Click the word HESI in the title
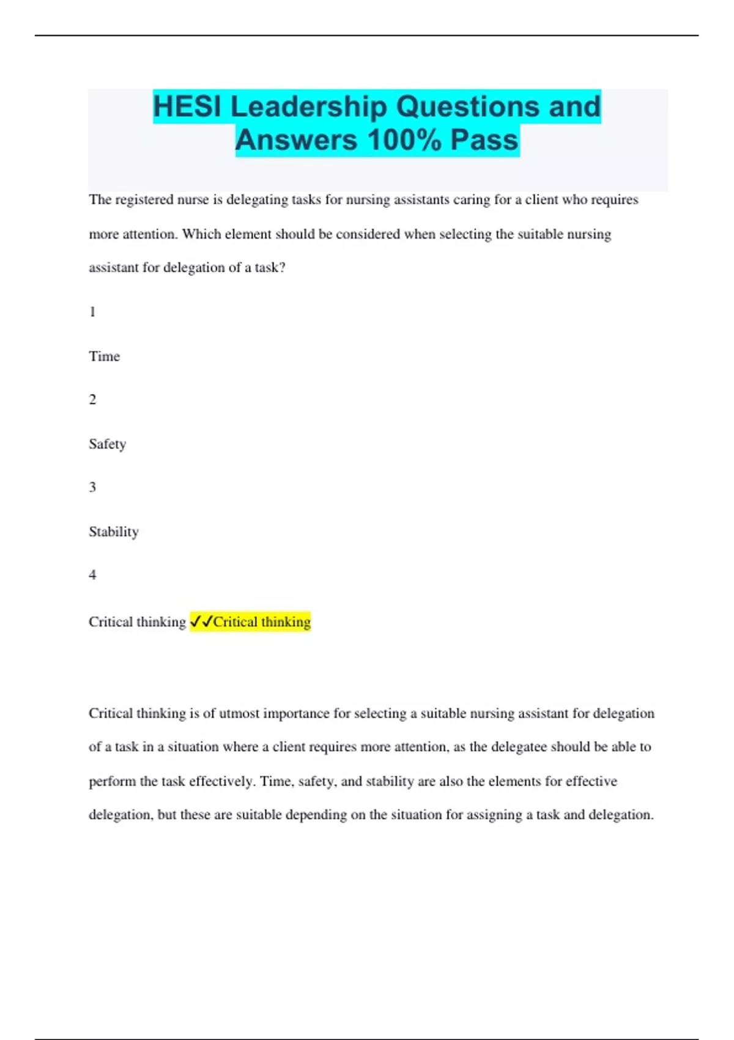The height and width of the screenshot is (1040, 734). coord(187,107)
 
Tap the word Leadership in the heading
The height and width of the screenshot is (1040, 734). coord(309,107)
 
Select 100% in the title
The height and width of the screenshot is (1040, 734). coord(404,140)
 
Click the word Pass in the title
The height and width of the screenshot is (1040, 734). coord(484,140)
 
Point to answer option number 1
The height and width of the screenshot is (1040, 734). coord(92,312)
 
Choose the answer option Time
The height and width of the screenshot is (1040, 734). coord(104,356)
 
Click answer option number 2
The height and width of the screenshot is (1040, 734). coord(92,400)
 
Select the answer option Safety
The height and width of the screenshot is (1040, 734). coord(107,444)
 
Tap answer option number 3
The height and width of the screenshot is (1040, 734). coord(92,488)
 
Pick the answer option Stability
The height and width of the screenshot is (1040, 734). coord(114,532)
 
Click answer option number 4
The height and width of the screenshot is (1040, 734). coord(92,575)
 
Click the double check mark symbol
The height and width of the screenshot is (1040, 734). coord(201,622)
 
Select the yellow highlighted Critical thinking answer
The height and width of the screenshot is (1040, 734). coord(262,622)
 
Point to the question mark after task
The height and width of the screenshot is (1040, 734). coord(282,268)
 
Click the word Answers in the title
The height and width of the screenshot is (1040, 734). coord(296,140)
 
